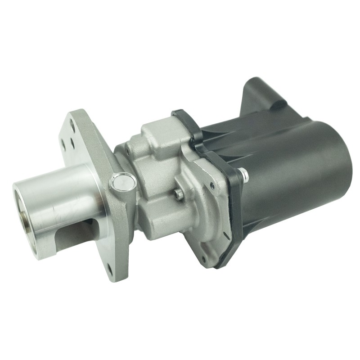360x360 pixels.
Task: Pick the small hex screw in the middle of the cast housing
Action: point(179,194)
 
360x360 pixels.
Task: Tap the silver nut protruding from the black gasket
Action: point(243,173)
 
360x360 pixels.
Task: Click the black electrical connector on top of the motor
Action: point(263,97)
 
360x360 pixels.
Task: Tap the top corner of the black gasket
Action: point(178,112)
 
